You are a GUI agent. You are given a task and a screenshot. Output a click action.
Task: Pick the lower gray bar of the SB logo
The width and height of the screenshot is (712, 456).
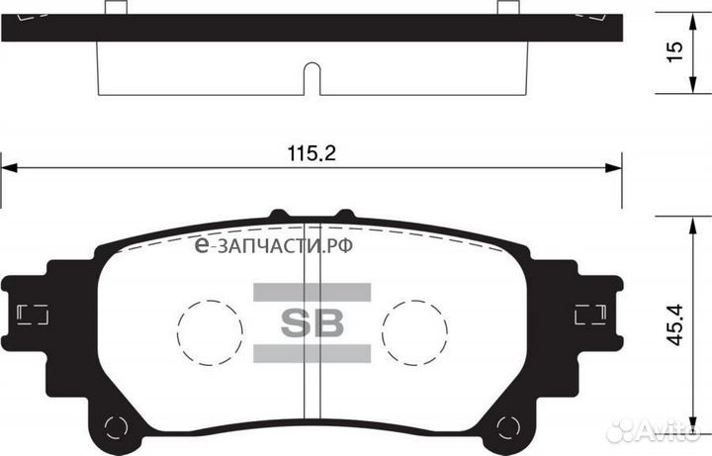click(x=311, y=353)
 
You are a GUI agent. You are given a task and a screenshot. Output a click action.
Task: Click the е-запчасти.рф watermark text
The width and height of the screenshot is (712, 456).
click(x=274, y=244)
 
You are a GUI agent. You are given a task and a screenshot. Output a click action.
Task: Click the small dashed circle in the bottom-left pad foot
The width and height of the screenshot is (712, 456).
click(x=116, y=427)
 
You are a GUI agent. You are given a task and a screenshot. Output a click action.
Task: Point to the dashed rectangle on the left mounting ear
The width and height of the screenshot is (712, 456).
click(x=34, y=315)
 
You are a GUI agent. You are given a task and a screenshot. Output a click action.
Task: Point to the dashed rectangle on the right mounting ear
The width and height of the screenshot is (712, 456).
click(x=589, y=315)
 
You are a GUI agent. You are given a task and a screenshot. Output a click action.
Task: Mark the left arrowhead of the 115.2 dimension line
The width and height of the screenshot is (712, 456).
click(x=8, y=166)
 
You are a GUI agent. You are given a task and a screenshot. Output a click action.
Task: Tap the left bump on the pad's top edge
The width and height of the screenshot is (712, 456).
click(x=278, y=214)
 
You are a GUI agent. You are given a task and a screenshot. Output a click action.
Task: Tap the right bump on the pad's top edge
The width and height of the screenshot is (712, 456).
click(x=344, y=214)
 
